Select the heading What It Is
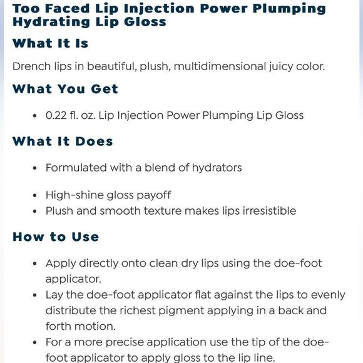pyautogui.click(x=51, y=44)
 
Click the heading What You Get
pyautogui.click(x=65, y=89)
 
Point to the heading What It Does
pyautogui.click(x=63, y=141)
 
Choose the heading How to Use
pyautogui.click(x=56, y=237)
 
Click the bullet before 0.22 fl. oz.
pyautogui.click(x=34, y=116)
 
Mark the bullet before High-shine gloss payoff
pyautogui.click(x=34, y=195)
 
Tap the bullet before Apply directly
pyautogui.click(x=34, y=263)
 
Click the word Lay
pyautogui.click(x=54, y=295)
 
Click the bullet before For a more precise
pyautogui.click(x=34, y=343)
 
